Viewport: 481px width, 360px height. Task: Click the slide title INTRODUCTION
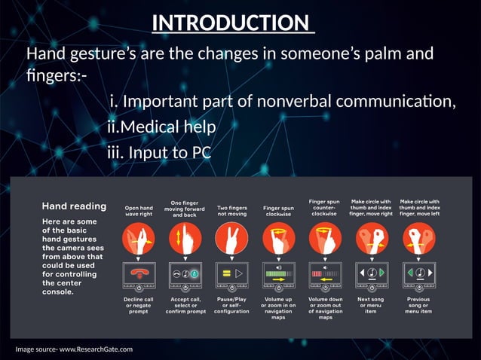tap(232, 23)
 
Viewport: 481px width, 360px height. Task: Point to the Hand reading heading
tap(74, 206)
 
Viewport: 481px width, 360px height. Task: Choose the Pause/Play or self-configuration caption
tap(231, 304)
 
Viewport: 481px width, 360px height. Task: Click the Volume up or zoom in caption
tap(278, 308)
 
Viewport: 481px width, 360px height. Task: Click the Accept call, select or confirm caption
tap(185, 304)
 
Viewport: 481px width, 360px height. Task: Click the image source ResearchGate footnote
tap(74, 349)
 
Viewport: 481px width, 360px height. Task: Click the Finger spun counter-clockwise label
tap(325, 207)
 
